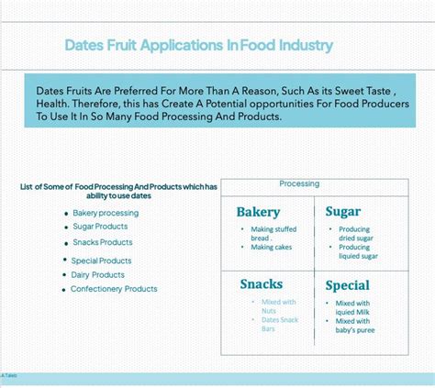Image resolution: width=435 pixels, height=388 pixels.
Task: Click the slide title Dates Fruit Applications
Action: (198, 45)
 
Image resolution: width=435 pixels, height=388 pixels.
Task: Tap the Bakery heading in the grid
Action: (258, 212)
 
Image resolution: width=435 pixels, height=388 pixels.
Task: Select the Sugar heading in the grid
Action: (343, 212)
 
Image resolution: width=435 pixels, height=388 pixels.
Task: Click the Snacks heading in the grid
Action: (262, 284)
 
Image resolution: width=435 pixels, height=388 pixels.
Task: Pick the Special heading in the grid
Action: (347, 285)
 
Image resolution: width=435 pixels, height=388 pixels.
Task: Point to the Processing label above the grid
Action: (299, 183)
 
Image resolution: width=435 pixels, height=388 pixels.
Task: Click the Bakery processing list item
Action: (106, 213)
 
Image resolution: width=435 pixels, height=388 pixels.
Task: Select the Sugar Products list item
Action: (100, 226)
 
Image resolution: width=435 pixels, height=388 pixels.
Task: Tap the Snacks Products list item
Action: (103, 242)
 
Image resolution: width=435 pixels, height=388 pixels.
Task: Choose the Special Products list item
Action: (102, 261)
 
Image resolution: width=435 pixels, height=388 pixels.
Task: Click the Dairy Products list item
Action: (98, 274)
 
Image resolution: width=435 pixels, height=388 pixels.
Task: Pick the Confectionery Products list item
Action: (115, 289)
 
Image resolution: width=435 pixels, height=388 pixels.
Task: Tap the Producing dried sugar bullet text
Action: (355, 233)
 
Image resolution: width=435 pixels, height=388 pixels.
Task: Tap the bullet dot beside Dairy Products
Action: (64, 275)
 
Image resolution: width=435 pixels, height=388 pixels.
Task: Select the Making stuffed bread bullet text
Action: (273, 233)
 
